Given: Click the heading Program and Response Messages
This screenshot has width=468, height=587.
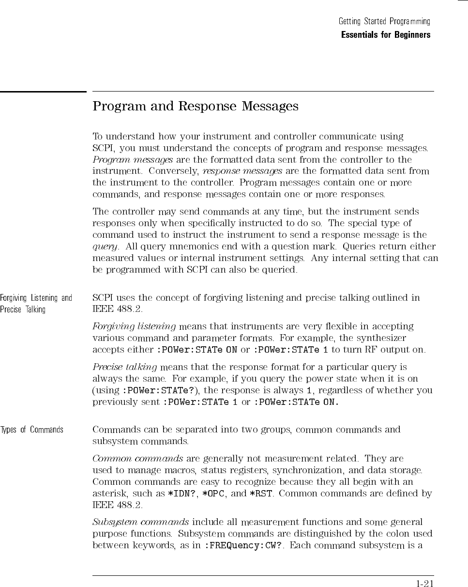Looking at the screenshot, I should coord(195,107).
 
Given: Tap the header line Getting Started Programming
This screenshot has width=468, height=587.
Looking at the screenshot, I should coord(384,22).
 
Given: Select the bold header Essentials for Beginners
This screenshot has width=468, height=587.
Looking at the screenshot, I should coord(385,35).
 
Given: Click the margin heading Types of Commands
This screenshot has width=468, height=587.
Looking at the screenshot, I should coord(32,430).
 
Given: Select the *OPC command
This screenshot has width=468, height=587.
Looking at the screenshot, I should coord(213,494).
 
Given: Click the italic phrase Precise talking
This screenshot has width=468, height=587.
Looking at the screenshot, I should coord(124,367).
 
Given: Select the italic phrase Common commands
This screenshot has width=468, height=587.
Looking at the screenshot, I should coord(137,458).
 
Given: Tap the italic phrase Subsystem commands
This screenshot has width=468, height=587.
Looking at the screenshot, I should coord(140,522).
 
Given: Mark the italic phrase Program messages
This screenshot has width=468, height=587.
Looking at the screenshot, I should coord(132,160).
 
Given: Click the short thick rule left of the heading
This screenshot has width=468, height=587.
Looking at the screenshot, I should coord(43,92).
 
